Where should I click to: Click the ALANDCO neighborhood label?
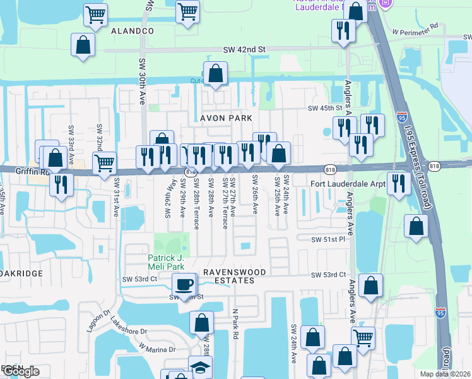pos(133,30)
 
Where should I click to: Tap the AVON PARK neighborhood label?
pos(226,118)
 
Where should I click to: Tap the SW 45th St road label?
pos(329,108)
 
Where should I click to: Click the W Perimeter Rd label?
pos(415,30)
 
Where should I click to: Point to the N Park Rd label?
pos(234,325)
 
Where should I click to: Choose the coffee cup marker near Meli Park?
pos(184,284)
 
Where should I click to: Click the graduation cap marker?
pos(201,367)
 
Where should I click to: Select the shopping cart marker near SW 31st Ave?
pos(105,163)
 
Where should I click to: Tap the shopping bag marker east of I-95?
pos(416,227)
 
